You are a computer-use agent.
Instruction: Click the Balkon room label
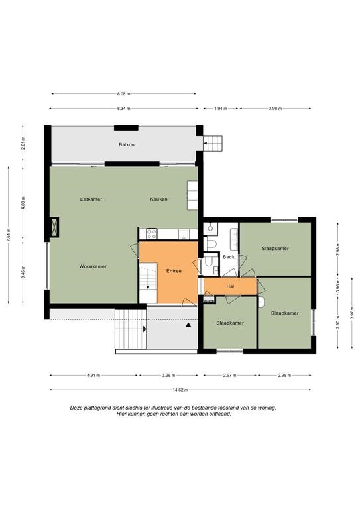[126, 144]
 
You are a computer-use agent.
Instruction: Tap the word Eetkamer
[91, 199]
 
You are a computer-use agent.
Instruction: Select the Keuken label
[158, 199]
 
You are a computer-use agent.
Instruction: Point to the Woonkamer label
[93, 266]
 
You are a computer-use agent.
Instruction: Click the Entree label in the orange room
[174, 271]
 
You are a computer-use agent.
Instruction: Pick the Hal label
[230, 286]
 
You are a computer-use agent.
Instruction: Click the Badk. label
[229, 257]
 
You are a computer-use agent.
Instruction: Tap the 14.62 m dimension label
[180, 390]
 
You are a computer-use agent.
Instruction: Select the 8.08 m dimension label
[124, 94]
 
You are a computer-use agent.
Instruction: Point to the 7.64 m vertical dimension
[9, 235]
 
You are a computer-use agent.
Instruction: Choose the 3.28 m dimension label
[168, 376]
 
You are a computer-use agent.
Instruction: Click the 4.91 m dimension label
[93, 376]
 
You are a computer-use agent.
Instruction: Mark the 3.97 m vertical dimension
[352, 313]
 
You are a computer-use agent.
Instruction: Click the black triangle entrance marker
[188, 325]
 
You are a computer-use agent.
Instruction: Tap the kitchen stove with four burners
[152, 233]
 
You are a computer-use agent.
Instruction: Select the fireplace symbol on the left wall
[54, 227]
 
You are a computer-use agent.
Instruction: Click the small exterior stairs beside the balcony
[213, 143]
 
